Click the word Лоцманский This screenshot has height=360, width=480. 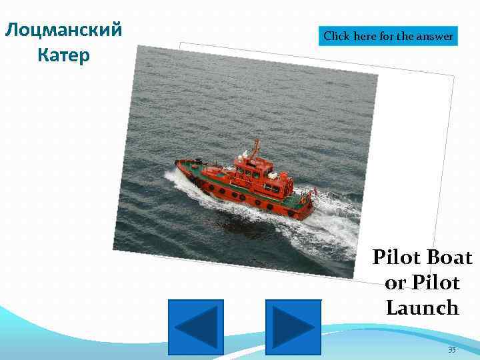click(63, 30)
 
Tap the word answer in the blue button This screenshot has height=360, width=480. click(434, 37)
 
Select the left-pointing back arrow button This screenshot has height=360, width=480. click(196, 327)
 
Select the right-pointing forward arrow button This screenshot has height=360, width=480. click(293, 327)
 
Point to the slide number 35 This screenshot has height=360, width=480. click(451, 349)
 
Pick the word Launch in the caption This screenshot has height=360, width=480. click(422, 308)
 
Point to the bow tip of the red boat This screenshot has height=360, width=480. click(177, 163)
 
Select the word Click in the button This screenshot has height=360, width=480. click(337, 37)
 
